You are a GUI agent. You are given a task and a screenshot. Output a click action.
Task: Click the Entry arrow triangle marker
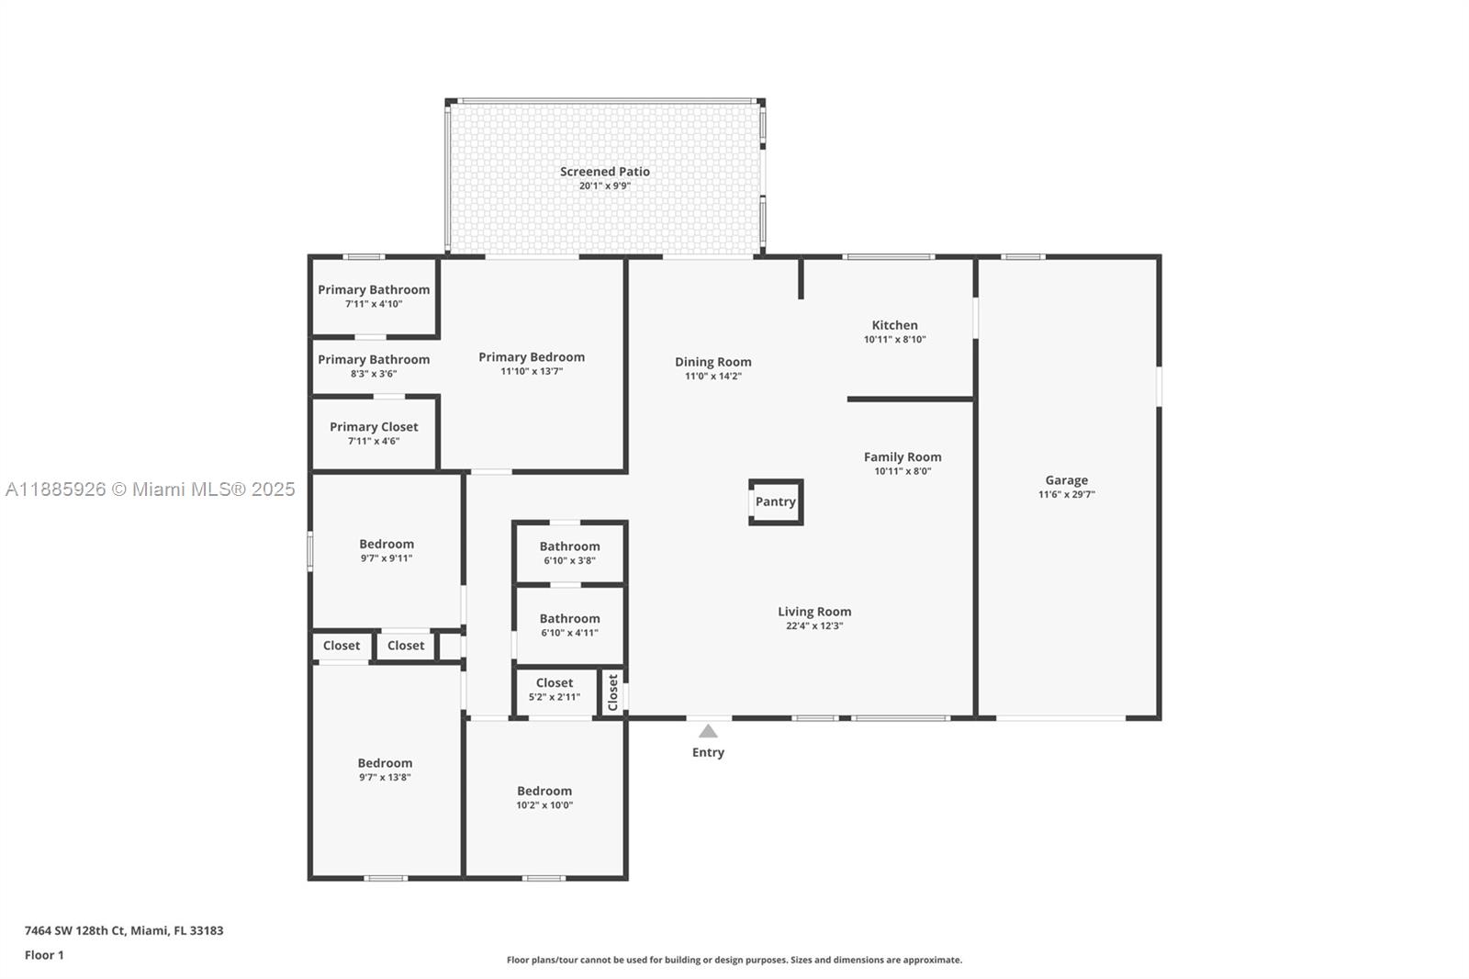(708, 731)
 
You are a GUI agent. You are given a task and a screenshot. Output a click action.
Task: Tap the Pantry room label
(775, 501)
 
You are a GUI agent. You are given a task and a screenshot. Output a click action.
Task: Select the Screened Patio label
(605, 171)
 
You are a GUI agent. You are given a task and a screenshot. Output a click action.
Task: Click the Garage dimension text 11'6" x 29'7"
(1066, 495)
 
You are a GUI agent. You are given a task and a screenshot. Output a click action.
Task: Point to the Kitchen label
(894, 325)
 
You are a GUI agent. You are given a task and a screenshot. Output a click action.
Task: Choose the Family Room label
(903, 456)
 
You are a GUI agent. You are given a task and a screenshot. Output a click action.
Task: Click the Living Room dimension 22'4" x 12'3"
(814, 626)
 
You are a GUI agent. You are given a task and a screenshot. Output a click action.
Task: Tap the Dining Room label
(712, 362)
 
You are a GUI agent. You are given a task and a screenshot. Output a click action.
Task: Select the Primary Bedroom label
(532, 357)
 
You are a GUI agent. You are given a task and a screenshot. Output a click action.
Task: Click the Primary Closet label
(374, 426)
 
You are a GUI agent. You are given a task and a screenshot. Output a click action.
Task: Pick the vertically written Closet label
(612, 692)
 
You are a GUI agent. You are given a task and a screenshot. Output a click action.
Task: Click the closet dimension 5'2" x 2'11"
(555, 697)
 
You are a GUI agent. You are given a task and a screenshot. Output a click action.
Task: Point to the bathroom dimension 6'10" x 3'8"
(569, 561)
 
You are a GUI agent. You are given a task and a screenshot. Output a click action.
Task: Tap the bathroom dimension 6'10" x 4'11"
(569, 633)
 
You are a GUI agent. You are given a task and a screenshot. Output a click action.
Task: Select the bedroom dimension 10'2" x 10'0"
(544, 805)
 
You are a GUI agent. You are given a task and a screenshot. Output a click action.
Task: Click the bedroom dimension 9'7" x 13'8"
(385, 778)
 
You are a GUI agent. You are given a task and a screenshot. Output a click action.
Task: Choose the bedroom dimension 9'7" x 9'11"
(387, 558)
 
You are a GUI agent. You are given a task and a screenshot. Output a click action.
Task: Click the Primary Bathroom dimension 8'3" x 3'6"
(374, 374)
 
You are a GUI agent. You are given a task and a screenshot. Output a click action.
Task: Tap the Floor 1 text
(45, 955)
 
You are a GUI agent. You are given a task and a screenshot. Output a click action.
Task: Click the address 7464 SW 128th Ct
(74, 930)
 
